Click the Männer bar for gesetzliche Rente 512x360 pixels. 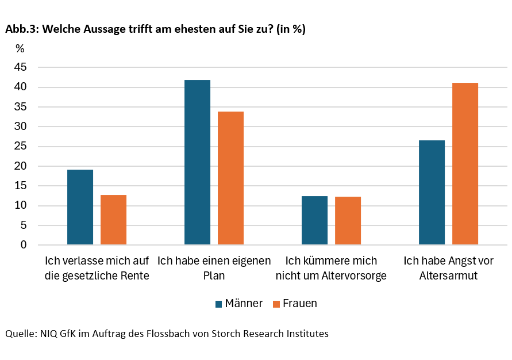coord(80,207)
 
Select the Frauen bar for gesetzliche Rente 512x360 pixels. coord(113,220)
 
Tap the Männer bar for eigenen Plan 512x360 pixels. coord(197,162)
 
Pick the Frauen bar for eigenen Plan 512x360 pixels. coord(230,178)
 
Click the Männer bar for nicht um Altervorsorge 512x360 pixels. coord(314,220)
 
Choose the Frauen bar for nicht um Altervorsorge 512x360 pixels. coord(348,221)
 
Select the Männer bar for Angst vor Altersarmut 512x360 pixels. coord(432,193)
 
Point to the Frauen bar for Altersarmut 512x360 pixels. coord(465,164)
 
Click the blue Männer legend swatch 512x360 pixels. coord(219,304)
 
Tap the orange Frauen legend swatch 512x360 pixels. coord(276,304)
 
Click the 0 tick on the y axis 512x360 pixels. coord(24,245)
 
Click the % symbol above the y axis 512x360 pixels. coord(20,48)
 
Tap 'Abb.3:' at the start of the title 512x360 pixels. coord(20,29)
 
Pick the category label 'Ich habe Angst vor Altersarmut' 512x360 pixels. coord(448,268)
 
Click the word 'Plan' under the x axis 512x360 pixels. coord(214,275)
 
